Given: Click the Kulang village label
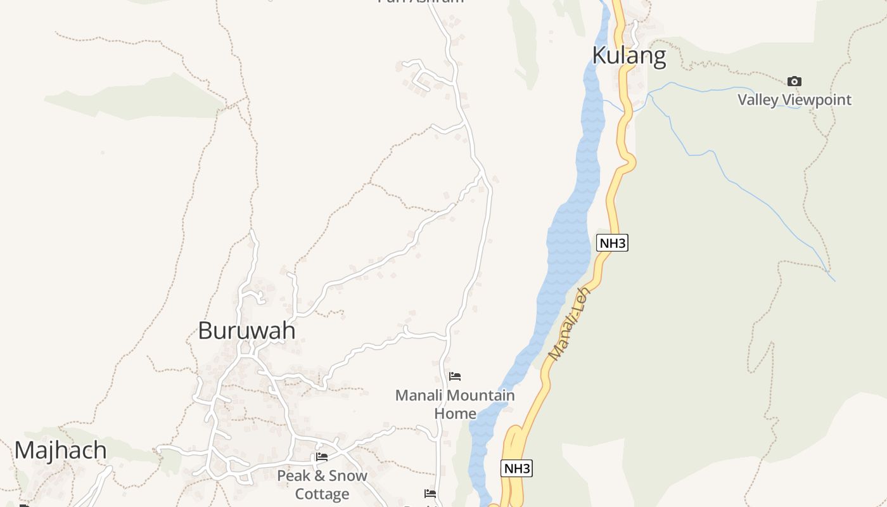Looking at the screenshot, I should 629,56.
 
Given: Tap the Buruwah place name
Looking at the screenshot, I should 246,330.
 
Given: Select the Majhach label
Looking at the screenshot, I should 61,450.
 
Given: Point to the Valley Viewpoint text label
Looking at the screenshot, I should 794,99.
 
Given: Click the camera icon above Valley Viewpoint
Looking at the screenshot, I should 794,81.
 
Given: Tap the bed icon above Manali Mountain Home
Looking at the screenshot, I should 455,376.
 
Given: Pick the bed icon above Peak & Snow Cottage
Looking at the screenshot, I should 322,457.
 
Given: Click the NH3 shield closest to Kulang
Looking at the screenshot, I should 612,243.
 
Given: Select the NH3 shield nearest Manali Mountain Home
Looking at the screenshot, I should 516,469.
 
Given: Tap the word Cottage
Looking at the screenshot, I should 322,494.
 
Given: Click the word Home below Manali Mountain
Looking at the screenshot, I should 455,414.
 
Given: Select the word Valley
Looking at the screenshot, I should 758,99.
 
